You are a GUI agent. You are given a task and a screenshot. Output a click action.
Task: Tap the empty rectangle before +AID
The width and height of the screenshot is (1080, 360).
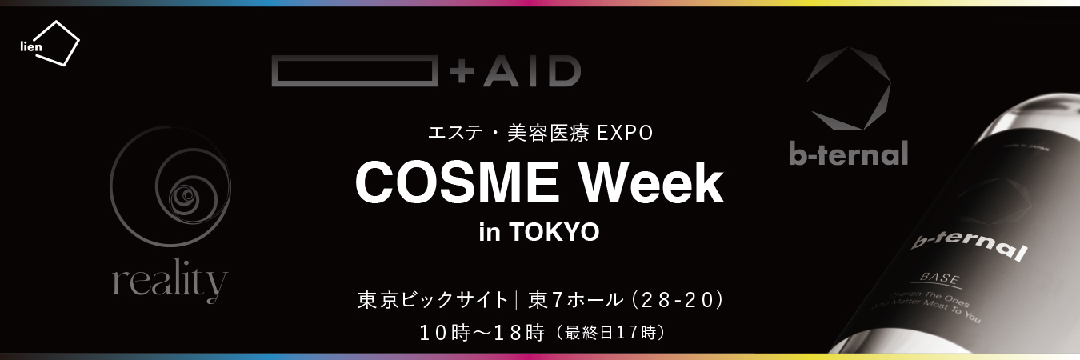(354, 71)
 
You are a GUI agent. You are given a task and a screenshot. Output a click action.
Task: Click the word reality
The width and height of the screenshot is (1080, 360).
(170, 283)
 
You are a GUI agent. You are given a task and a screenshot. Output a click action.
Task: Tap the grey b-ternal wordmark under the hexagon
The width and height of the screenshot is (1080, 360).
(848, 152)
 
